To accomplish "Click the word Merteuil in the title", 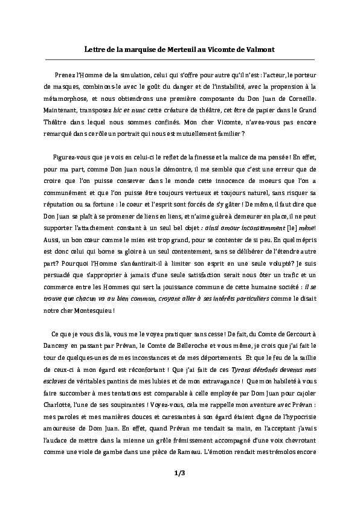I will tap(176, 49).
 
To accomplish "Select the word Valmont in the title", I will tap(257, 49).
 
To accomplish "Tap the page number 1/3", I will tap(179, 474).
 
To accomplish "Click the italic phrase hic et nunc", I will tap(133, 111).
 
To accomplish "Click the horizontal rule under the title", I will tap(179, 60).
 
